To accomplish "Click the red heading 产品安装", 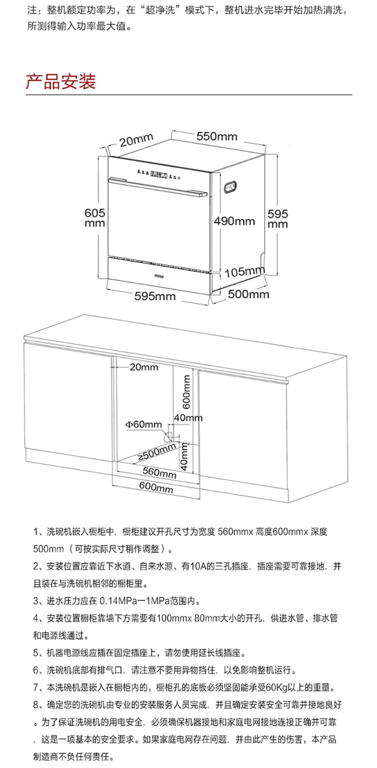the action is pos(61,81).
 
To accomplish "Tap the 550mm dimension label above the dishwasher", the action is pos(217,136).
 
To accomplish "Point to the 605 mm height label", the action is pos(94,217).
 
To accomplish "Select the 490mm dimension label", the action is pos(234,221).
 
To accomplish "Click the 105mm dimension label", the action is pos(244,272).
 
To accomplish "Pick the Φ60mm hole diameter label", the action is pos(144,424).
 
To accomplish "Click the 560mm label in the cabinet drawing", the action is pos(160,473).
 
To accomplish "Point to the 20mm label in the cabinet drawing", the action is pos(144,367).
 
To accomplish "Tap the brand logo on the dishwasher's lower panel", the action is pos(159,276).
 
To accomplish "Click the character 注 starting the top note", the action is pos(32,10).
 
